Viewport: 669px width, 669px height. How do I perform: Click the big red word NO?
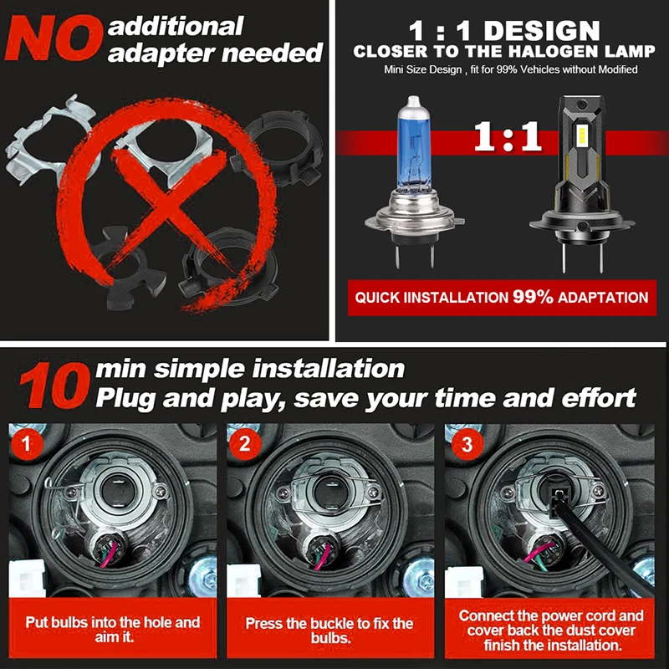(54, 38)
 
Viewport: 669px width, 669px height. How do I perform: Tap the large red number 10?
(54, 386)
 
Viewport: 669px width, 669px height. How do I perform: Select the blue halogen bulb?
(414, 181)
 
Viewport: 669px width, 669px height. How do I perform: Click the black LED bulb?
(582, 183)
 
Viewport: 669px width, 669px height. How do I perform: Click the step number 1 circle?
(27, 444)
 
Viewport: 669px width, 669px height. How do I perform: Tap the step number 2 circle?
(245, 444)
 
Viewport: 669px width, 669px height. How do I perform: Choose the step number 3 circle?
(467, 444)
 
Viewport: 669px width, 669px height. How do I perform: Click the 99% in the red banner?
(533, 297)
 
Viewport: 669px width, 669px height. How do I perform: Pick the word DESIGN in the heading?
(542, 31)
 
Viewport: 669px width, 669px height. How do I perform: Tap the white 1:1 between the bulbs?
(508, 136)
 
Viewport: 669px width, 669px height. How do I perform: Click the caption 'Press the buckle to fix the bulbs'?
(329, 631)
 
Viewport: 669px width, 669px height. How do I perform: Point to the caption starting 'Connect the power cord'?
(551, 631)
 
